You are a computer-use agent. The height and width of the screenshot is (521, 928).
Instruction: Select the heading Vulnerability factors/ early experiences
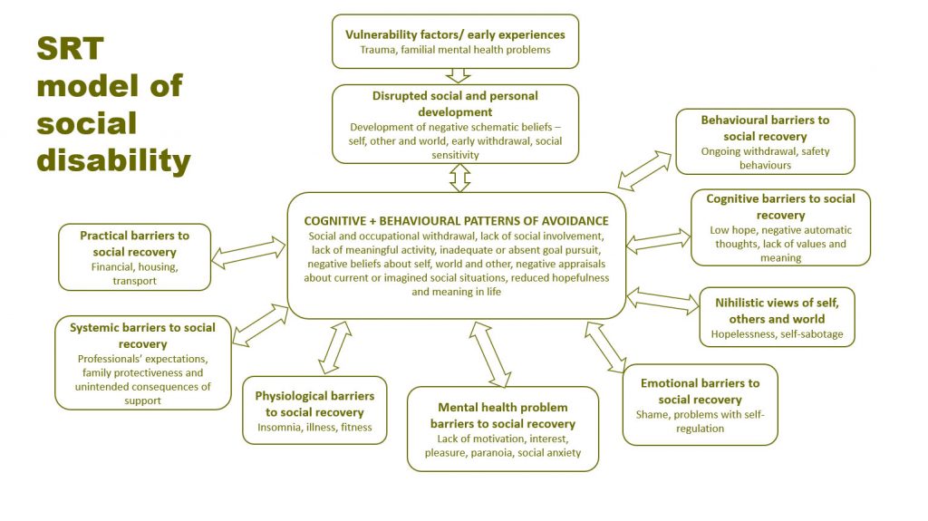(x=455, y=34)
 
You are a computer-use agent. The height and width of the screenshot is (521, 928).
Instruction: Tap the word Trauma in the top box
(x=380, y=50)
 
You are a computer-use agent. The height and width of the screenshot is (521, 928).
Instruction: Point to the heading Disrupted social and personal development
(x=455, y=104)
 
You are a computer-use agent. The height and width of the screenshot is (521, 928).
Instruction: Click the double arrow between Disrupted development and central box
(x=459, y=177)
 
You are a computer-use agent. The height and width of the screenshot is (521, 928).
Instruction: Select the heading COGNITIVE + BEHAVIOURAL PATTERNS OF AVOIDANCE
(x=456, y=220)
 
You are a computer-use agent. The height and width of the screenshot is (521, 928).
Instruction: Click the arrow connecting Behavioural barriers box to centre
(x=644, y=171)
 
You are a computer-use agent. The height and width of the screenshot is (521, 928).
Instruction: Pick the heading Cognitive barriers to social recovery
(x=780, y=207)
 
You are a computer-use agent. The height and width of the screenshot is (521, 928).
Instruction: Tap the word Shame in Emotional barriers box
(x=652, y=415)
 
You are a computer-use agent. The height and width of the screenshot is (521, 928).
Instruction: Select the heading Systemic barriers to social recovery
(x=142, y=335)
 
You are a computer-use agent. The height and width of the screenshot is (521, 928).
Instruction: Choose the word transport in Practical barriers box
(x=135, y=281)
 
